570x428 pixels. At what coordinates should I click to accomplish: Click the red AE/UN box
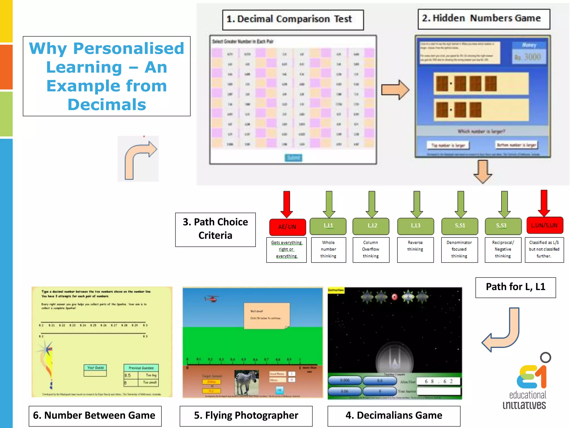[287, 227]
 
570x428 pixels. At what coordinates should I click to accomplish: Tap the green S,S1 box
[460, 226]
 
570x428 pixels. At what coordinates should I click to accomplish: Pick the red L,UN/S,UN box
[544, 225]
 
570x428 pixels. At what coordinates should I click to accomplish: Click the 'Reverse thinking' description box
[415, 250]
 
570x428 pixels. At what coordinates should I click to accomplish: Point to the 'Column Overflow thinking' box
[371, 250]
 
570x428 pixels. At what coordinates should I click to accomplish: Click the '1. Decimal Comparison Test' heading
[293, 20]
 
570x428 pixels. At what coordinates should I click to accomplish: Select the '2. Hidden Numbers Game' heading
[484, 19]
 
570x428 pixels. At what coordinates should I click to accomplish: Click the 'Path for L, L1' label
[515, 287]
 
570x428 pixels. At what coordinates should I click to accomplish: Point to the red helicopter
[212, 299]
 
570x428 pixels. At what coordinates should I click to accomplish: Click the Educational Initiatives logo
[527, 385]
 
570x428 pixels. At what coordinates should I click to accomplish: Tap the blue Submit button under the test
[293, 158]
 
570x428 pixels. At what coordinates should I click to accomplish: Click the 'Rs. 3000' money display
[529, 57]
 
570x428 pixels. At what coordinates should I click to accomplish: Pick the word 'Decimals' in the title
[107, 105]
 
